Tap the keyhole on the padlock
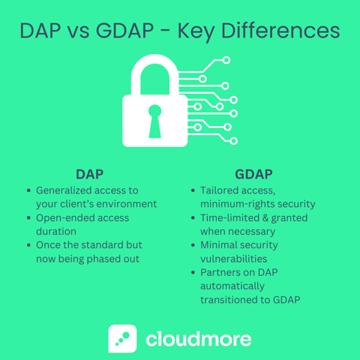[x=155, y=121]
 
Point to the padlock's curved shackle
[x=155, y=72]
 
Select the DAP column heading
[x=91, y=174]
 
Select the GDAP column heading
[x=253, y=174]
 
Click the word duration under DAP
[x=56, y=231]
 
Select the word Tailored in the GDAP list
[x=222, y=190]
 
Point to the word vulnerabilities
[x=233, y=258]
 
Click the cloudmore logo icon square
[x=122, y=338]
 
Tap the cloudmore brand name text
[x=198, y=338]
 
